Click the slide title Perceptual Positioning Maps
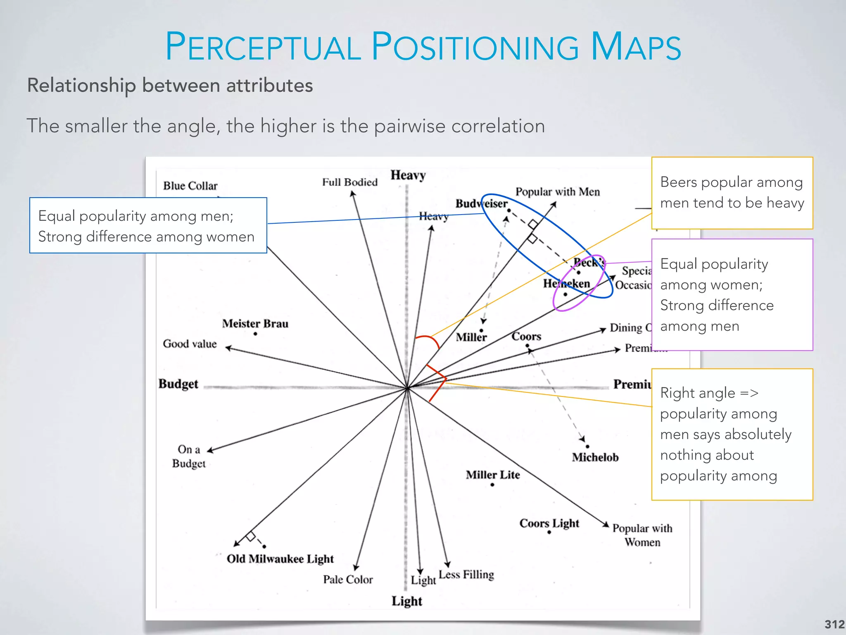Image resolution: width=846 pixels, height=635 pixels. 423,46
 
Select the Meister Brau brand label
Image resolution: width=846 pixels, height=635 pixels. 255,323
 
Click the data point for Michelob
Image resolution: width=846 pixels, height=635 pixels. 587,446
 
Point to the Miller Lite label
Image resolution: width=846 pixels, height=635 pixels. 493,475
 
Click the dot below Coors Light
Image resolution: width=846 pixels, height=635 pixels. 549,532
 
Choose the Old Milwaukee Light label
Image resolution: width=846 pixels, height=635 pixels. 280,559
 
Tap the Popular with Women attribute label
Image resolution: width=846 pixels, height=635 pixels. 642,535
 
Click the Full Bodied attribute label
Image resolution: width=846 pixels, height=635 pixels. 350,182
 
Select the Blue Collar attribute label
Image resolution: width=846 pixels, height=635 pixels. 190,186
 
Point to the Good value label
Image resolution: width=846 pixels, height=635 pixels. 190,344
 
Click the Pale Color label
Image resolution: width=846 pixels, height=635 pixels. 348,580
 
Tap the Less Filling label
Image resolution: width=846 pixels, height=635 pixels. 466,575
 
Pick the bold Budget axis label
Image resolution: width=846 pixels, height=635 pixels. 178,384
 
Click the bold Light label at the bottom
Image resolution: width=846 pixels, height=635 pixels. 407,601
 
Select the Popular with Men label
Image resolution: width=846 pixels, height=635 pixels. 558,192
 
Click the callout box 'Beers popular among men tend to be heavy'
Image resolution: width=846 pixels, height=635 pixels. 732,193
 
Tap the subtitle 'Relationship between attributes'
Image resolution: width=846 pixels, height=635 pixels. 170,86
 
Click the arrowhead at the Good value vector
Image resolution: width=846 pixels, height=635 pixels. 228,348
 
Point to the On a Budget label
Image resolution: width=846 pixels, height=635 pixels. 189,456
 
